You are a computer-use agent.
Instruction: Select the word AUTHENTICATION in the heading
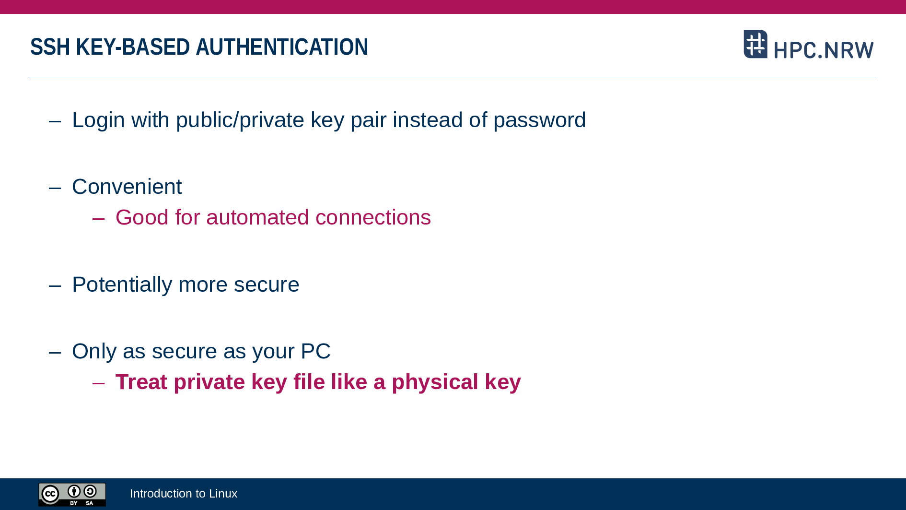(282, 47)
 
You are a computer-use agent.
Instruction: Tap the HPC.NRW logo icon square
(755, 44)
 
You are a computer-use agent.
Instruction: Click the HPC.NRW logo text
(824, 50)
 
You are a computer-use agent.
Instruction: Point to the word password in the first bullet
(539, 120)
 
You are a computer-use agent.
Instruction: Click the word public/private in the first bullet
(240, 120)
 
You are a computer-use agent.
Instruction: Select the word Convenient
(127, 187)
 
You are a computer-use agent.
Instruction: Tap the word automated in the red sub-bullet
(257, 217)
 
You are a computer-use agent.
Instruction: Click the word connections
(373, 217)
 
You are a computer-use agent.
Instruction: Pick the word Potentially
(122, 285)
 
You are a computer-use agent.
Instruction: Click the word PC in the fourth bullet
(315, 351)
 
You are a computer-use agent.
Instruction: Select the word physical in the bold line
(435, 382)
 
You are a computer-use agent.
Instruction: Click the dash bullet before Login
(55, 121)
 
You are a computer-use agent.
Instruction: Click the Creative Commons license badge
(72, 494)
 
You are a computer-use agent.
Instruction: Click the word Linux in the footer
(223, 494)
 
